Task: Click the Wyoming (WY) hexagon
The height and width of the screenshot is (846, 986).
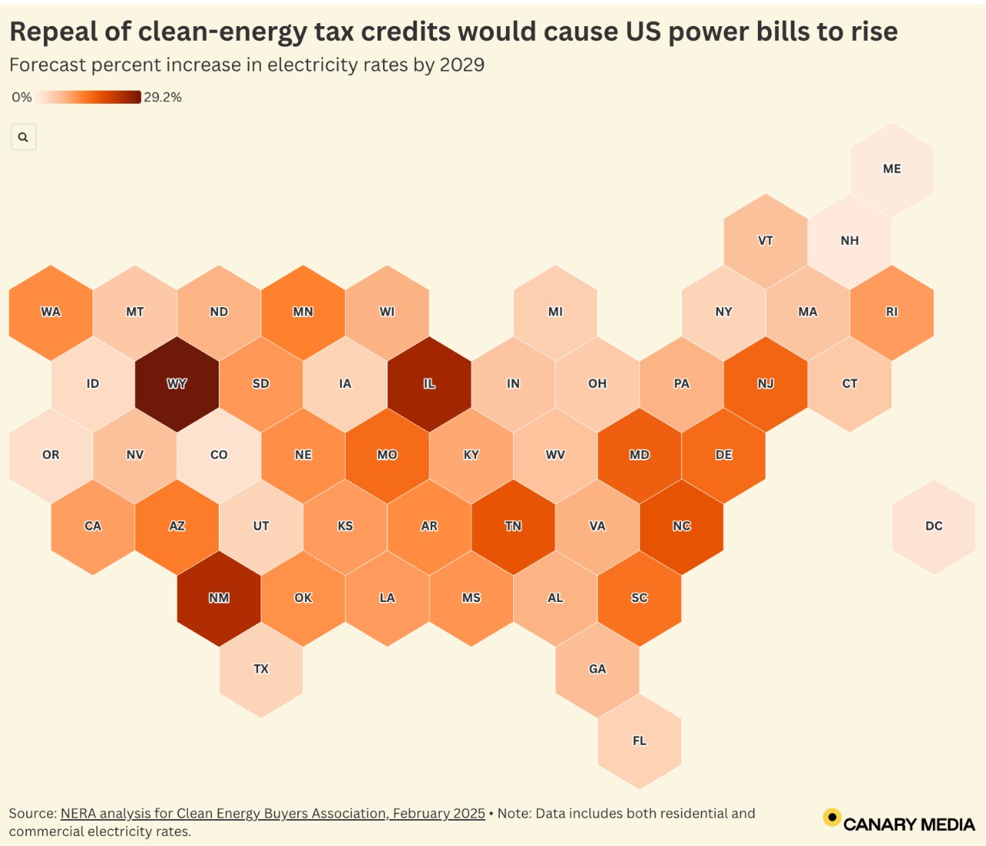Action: coord(177,383)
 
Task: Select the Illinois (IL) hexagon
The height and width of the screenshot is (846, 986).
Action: coord(429,383)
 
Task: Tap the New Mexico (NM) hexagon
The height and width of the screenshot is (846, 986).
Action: coord(219,598)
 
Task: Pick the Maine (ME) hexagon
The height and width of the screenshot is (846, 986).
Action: coord(891,169)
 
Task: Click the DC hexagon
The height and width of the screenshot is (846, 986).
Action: coord(934,527)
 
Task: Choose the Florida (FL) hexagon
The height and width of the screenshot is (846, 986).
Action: coord(639,741)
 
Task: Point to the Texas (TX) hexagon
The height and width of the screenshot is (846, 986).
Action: coord(261,670)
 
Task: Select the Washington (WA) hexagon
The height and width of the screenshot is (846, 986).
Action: coord(51,312)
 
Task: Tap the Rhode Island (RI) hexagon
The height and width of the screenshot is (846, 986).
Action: coord(891,312)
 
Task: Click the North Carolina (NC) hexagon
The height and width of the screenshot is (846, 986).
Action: coord(681,527)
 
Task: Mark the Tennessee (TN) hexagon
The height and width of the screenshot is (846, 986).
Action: coord(513,527)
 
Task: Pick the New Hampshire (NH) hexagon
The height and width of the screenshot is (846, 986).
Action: coord(850,241)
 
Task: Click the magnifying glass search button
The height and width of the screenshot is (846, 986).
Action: coord(23,137)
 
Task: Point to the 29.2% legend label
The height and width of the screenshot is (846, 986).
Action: coord(163,97)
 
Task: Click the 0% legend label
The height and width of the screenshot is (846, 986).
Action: coord(22,97)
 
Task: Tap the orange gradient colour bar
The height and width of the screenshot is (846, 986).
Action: coord(88,97)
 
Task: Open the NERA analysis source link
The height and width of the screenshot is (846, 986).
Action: coord(273,814)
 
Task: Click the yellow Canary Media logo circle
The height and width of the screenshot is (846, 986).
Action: coord(832,818)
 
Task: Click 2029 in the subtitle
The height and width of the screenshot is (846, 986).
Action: coord(461,65)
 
